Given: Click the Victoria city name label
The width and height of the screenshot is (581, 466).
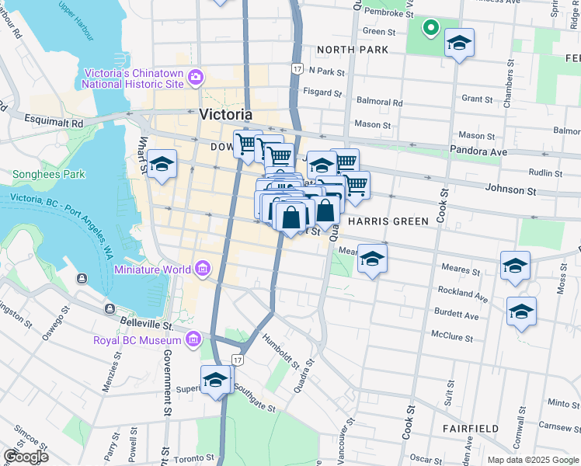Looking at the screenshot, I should click(x=225, y=114).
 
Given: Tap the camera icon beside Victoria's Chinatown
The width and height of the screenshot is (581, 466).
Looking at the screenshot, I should click(x=196, y=77).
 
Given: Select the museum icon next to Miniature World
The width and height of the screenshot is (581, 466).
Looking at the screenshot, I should click(x=203, y=269).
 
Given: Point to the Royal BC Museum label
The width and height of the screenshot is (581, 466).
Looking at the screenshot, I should click(x=137, y=339).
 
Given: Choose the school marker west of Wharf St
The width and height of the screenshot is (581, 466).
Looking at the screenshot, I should click(x=162, y=165).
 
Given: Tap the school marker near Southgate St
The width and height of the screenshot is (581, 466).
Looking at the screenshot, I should click(x=215, y=381).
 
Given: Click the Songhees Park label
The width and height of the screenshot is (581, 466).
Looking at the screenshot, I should click(x=48, y=175).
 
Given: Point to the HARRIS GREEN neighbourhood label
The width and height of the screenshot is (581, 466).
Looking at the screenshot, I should click(x=388, y=221).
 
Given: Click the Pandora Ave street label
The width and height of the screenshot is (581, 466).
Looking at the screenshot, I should click(x=481, y=152).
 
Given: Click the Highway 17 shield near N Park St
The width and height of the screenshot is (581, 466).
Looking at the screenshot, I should click(x=297, y=69).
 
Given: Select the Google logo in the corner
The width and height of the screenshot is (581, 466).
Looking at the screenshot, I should click(x=25, y=457).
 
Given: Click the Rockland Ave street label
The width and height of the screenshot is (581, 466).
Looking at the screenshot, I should click(x=463, y=294).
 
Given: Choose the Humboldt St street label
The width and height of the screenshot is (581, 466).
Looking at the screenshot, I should click(x=280, y=349).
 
